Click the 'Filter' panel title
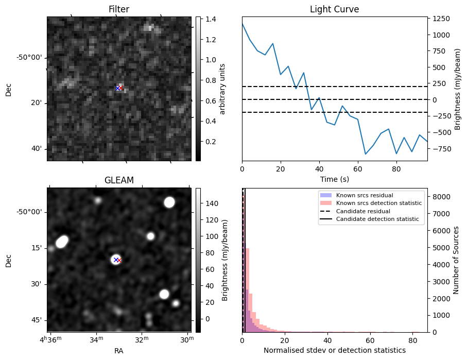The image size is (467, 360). pos(119,9)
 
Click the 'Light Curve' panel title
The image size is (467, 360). pos(334,9)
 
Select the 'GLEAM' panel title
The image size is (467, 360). pos(119,180)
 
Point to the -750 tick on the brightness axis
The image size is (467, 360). pos(442,149)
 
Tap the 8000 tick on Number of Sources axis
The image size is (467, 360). pos(441,197)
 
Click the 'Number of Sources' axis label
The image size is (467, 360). pos(456,260)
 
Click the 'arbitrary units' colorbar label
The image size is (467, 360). pos(223,89)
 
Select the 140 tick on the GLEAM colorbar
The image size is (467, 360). pos(212,203)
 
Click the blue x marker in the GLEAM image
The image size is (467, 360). pos(116,260)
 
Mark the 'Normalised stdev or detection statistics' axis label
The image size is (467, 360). pos(334,350)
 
